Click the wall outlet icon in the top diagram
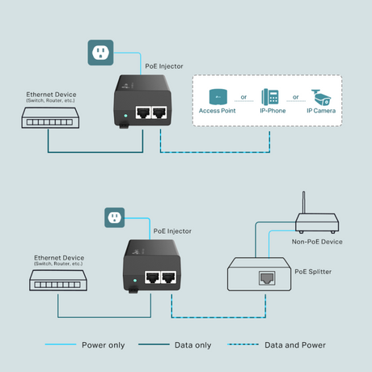pos(99,53)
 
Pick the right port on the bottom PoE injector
pos(170,277)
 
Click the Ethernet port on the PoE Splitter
pos(265,277)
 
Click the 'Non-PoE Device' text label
pos(318,241)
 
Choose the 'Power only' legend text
pos(104,345)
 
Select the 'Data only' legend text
pos(192,345)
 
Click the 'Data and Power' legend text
pos(295,345)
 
